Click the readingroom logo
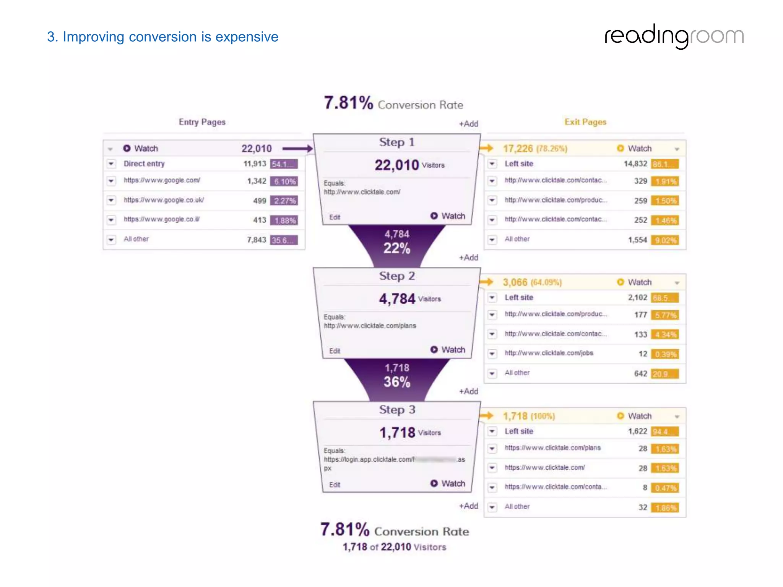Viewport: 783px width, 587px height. pyautogui.click(x=674, y=36)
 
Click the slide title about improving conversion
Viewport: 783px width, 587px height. pyautogui.click(x=162, y=37)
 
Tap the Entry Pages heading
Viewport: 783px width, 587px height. pyautogui.click(x=202, y=122)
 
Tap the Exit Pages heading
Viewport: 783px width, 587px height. pyautogui.click(x=585, y=122)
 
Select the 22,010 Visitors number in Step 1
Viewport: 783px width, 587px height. pyautogui.click(x=396, y=165)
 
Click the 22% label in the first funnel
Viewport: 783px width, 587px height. pyautogui.click(x=396, y=248)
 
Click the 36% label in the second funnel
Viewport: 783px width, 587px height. pyautogui.click(x=396, y=382)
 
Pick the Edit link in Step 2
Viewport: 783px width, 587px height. pyautogui.click(x=335, y=351)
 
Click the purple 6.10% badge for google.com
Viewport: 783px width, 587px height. pyautogui.click(x=284, y=182)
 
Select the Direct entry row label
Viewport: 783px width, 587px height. pyautogui.click(x=144, y=164)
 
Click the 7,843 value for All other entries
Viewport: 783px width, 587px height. pyautogui.click(x=256, y=240)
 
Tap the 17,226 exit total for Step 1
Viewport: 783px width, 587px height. pyautogui.click(x=517, y=148)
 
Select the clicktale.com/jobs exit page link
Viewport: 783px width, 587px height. pyautogui.click(x=549, y=353)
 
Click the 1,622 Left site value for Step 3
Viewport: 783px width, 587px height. pyautogui.click(x=637, y=431)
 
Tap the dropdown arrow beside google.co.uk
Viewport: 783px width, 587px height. pyautogui.click(x=111, y=200)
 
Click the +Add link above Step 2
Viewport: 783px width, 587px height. pyautogui.click(x=468, y=258)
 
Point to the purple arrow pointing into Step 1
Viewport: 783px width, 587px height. pyautogui.click(x=297, y=148)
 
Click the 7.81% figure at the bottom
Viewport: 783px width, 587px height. pyautogui.click(x=345, y=530)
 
